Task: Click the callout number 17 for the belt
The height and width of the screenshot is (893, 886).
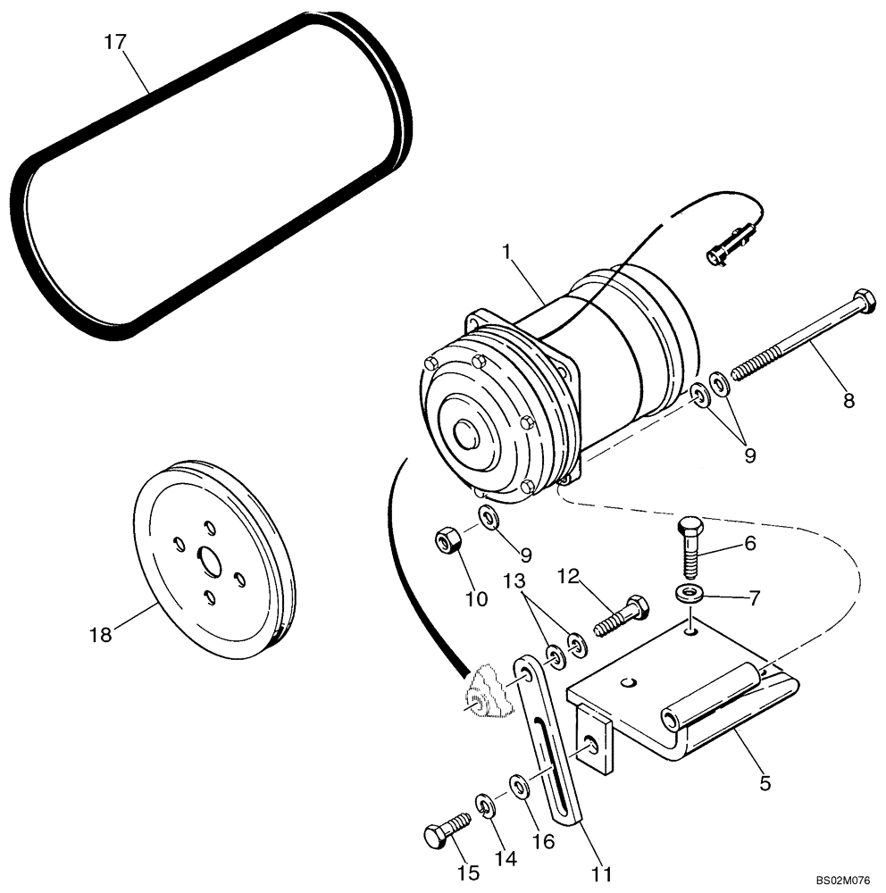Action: click(115, 42)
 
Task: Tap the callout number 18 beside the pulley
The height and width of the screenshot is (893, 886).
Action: click(101, 635)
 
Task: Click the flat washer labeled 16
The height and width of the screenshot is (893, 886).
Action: click(519, 786)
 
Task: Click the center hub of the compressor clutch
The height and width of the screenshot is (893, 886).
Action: click(466, 435)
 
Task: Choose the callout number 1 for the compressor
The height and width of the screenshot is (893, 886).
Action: click(506, 254)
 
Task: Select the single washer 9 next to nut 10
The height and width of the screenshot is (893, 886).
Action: click(489, 517)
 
